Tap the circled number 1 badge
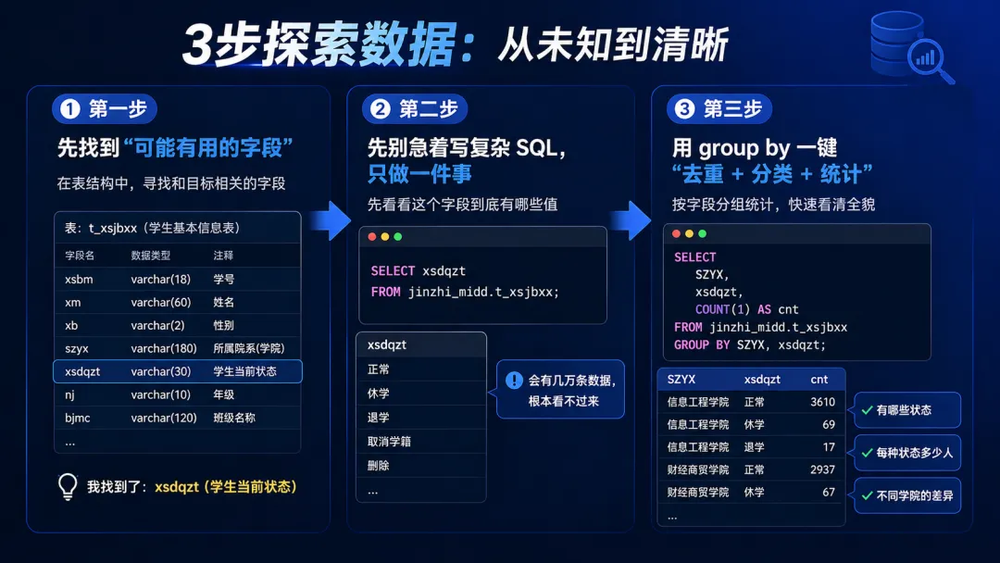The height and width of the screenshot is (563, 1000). [70, 109]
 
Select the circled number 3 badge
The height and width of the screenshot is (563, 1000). [684, 109]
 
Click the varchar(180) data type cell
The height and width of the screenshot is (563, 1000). [164, 348]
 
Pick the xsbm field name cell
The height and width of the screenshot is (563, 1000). [79, 279]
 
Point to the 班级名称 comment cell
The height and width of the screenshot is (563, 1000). [234, 418]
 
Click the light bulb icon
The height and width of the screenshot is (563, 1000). [68, 486]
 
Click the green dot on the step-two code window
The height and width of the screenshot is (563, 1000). [398, 237]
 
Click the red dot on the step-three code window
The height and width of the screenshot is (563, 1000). [676, 234]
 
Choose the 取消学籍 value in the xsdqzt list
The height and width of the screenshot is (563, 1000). [389, 442]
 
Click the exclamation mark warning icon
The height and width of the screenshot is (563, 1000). [514, 381]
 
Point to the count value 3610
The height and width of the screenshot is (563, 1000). [822, 402]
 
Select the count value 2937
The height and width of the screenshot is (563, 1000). [822, 469]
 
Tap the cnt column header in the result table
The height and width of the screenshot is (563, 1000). [819, 379]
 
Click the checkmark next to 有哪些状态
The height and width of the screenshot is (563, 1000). [868, 410]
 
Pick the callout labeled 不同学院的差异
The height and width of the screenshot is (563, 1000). [907, 496]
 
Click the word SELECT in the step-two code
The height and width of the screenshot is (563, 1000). [393, 271]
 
